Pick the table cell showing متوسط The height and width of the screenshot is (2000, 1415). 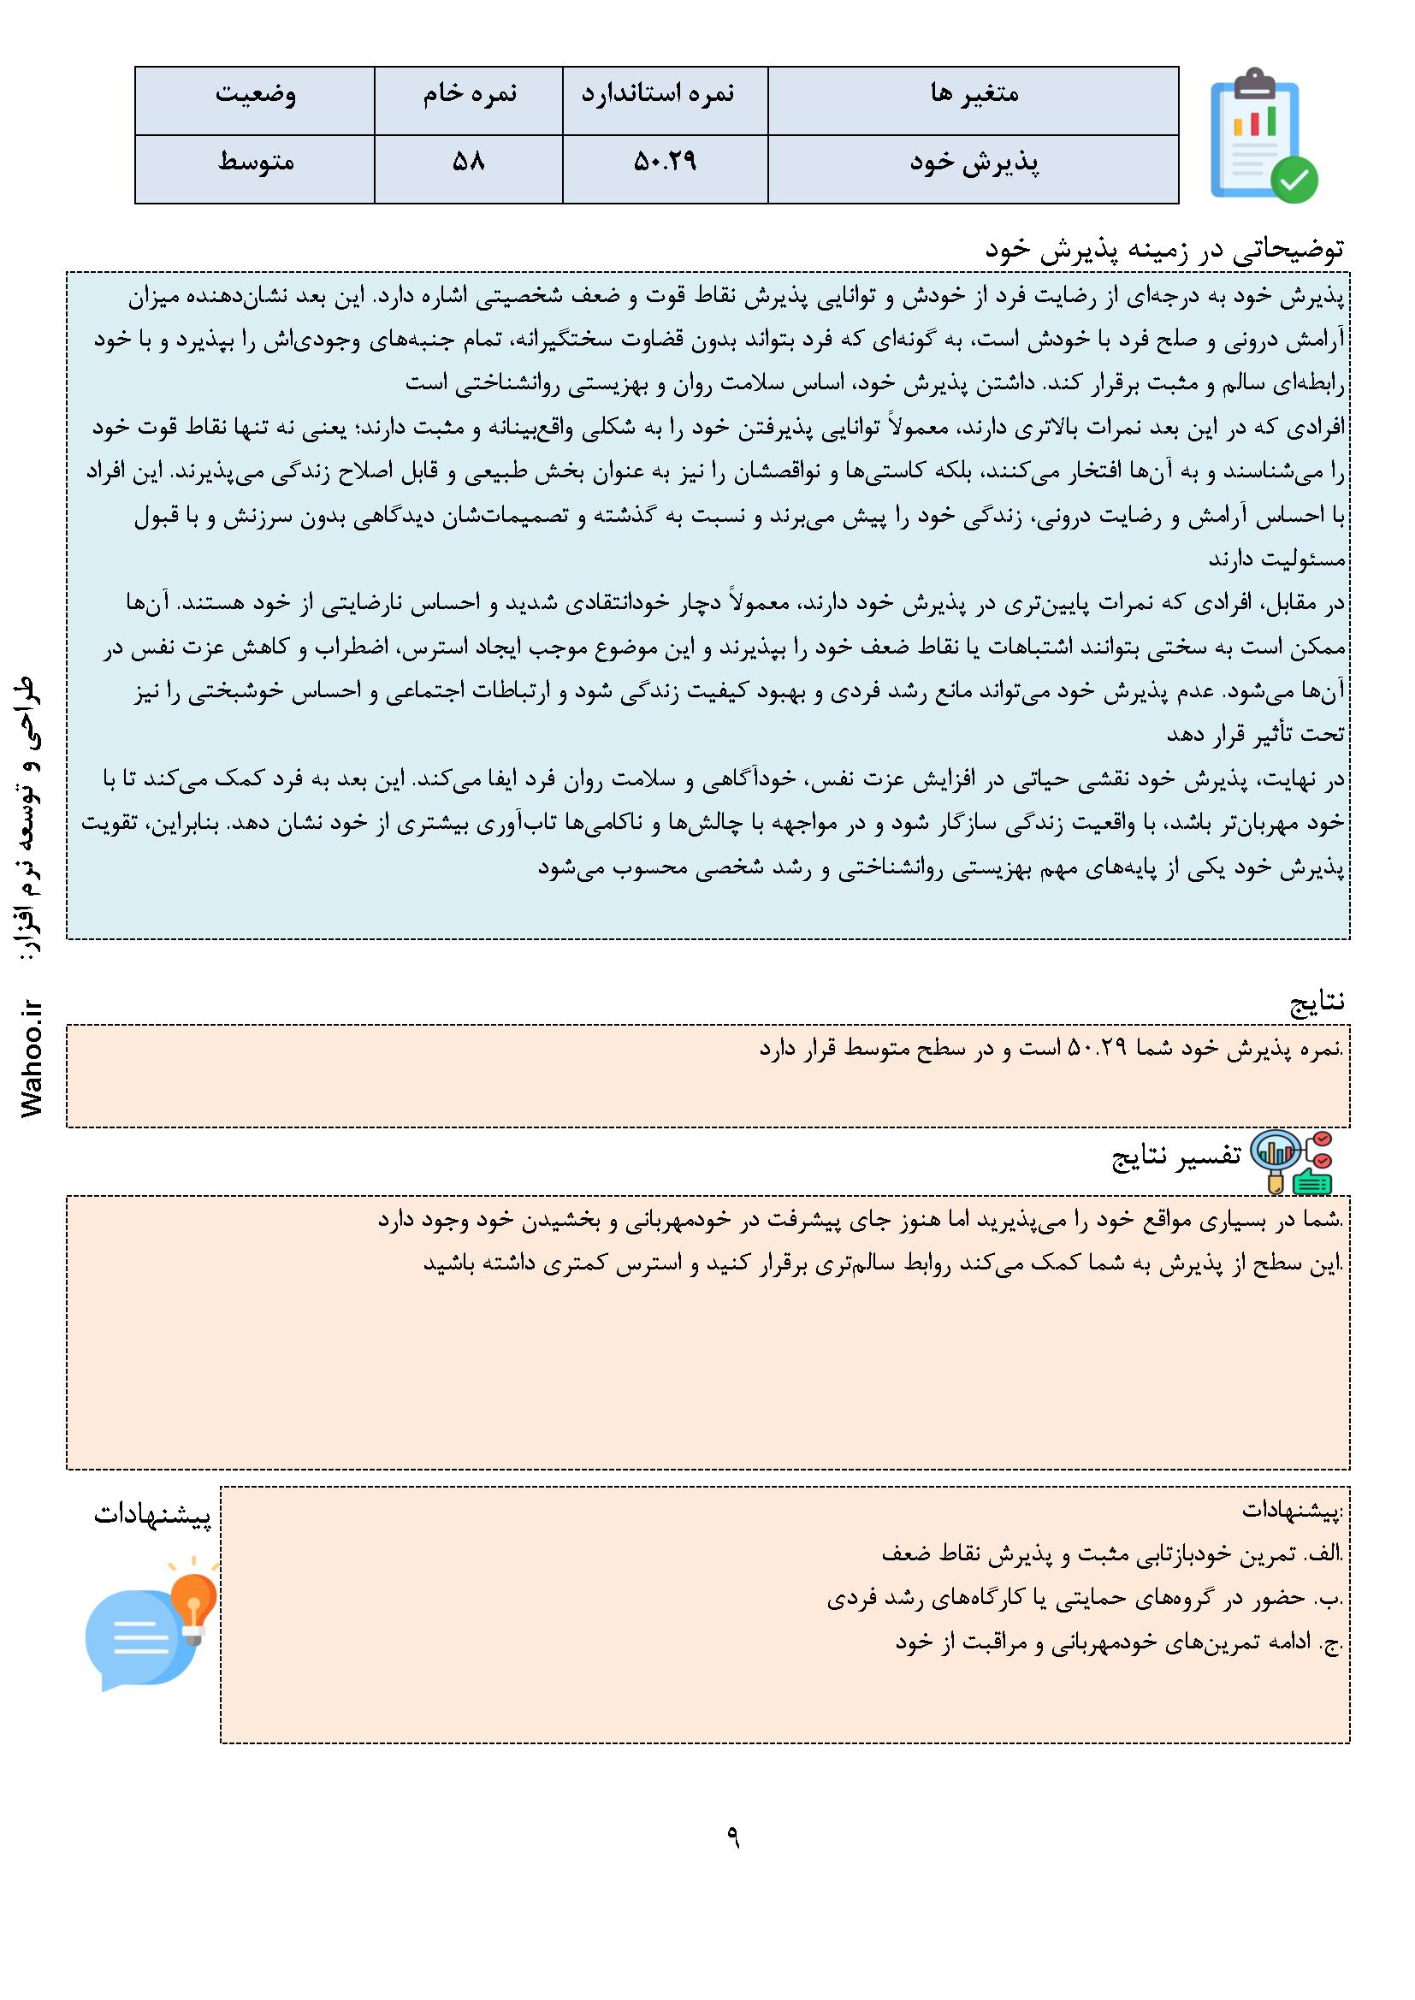tap(255, 163)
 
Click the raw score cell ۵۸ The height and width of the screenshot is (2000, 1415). tap(468, 163)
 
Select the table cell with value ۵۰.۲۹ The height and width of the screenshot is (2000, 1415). tap(665, 163)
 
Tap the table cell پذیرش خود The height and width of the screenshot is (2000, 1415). tap(974, 163)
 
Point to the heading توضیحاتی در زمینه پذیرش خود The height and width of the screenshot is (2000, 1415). tap(1165, 250)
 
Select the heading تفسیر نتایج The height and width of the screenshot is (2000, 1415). tap(1176, 1155)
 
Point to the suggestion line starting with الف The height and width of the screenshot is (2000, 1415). tap(1113, 1553)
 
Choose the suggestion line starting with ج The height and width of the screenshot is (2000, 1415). tap(1119, 1644)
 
